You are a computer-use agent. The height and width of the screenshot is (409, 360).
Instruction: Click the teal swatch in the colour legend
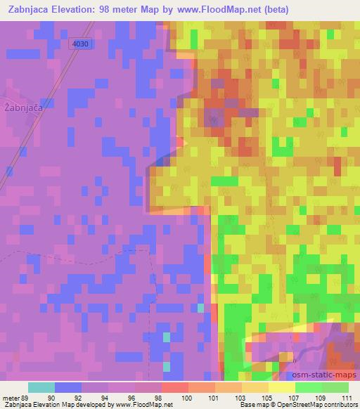point(41,387)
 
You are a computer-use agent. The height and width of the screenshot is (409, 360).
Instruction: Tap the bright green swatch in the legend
point(309,387)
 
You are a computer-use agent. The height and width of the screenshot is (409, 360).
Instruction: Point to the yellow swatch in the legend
point(281,387)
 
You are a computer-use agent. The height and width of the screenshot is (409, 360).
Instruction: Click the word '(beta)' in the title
point(270,9)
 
